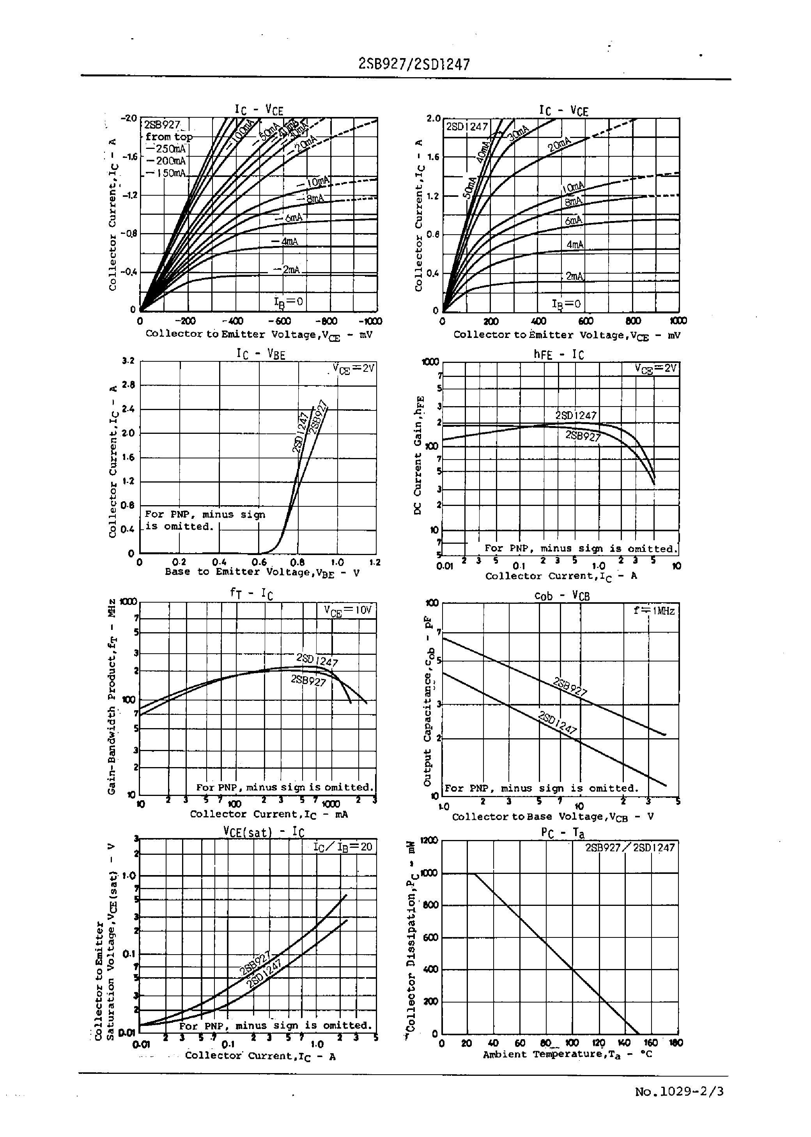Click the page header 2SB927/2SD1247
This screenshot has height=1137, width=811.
(x=414, y=64)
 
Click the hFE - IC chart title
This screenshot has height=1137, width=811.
(x=558, y=354)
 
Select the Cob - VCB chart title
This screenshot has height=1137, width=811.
(x=561, y=596)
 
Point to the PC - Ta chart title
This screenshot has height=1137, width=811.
(x=562, y=833)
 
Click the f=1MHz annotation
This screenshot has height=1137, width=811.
(x=654, y=610)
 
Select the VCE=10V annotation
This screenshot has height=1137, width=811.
(x=348, y=610)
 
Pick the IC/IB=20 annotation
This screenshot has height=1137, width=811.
(x=343, y=847)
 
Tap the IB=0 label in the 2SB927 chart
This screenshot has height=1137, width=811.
(x=288, y=301)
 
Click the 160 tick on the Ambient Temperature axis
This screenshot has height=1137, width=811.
(x=650, y=1043)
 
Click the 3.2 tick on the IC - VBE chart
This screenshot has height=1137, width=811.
(x=128, y=361)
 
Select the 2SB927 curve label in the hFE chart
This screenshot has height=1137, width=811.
(x=583, y=436)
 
